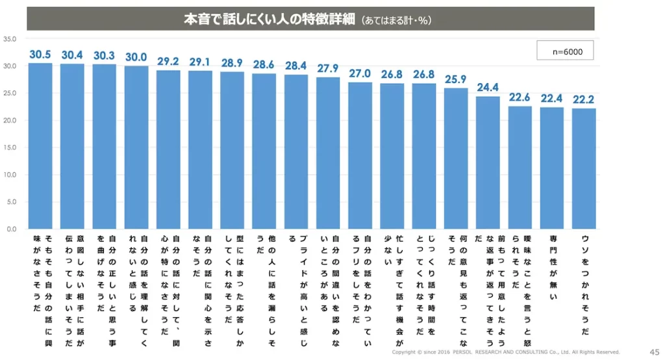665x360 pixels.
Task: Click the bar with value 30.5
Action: click(x=40, y=146)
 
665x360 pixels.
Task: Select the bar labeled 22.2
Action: click(x=584, y=169)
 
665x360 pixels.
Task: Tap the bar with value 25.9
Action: click(x=456, y=159)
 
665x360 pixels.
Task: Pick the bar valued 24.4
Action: click(x=488, y=162)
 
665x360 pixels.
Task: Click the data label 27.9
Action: click(x=328, y=68)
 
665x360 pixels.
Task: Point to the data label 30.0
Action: click(x=136, y=57)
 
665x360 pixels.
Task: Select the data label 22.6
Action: click(x=520, y=97)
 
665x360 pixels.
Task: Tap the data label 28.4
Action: click(x=296, y=66)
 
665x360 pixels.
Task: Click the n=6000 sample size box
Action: click(x=564, y=51)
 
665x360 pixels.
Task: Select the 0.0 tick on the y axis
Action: click(x=12, y=229)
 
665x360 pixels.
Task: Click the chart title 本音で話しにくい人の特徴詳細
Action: click(x=269, y=19)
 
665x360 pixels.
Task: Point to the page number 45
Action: click(x=654, y=351)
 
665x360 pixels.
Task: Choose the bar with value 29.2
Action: click(x=168, y=149)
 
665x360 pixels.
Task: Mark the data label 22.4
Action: click(x=552, y=99)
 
